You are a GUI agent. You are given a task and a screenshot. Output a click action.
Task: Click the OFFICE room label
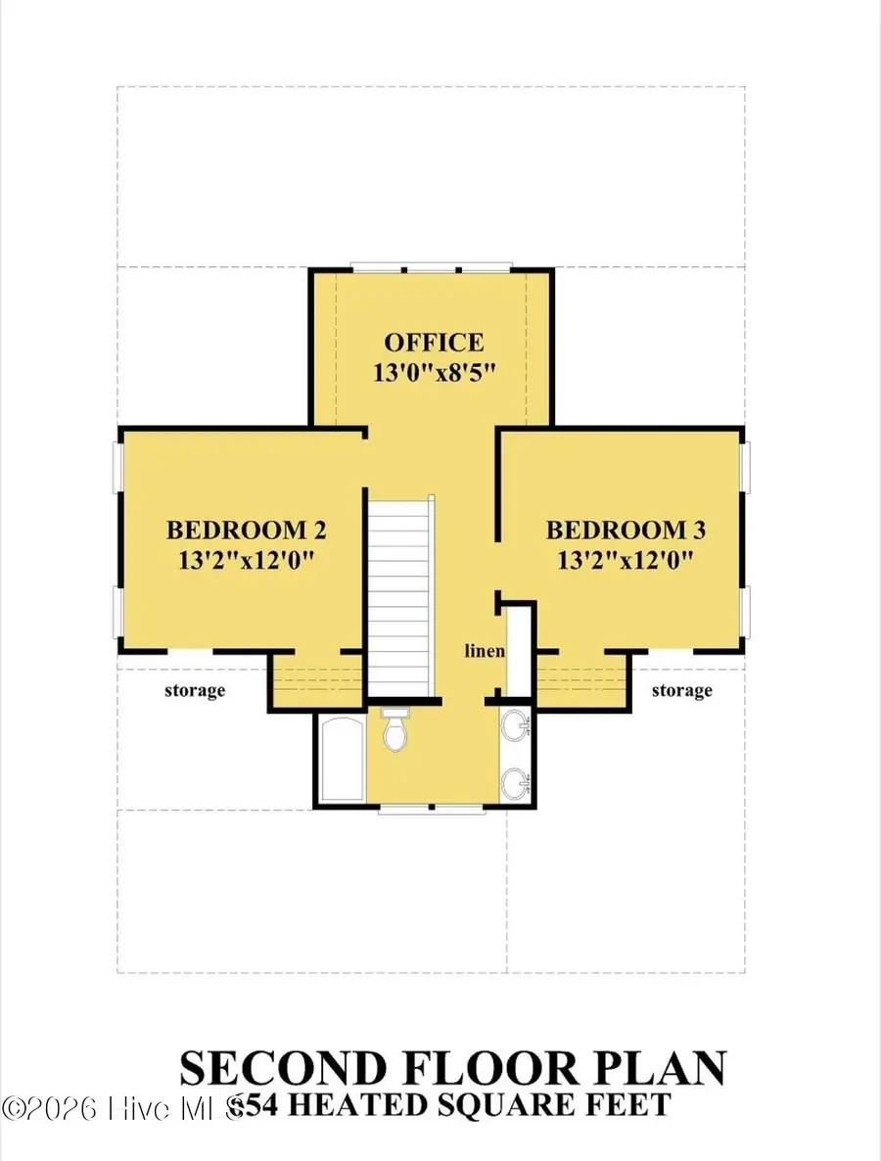click(x=433, y=343)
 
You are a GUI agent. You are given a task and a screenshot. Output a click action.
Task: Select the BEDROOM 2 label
click(x=246, y=531)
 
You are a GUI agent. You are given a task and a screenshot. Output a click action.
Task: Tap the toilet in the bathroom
click(x=394, y=730)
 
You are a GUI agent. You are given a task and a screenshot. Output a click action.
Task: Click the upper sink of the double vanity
click(x=516, y=727)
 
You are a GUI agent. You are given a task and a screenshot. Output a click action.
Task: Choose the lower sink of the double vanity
click(x=516, y=782)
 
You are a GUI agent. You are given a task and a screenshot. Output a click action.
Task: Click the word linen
click(x=484, y=651)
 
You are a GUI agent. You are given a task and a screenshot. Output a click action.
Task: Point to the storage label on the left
click(x=195, y=690)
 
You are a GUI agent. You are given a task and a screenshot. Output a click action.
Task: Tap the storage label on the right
click(x=681, y=690)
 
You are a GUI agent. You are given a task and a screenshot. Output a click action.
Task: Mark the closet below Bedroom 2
click(x=317, y=681)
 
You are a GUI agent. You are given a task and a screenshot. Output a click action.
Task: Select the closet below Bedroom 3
click(x=581, y=681)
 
